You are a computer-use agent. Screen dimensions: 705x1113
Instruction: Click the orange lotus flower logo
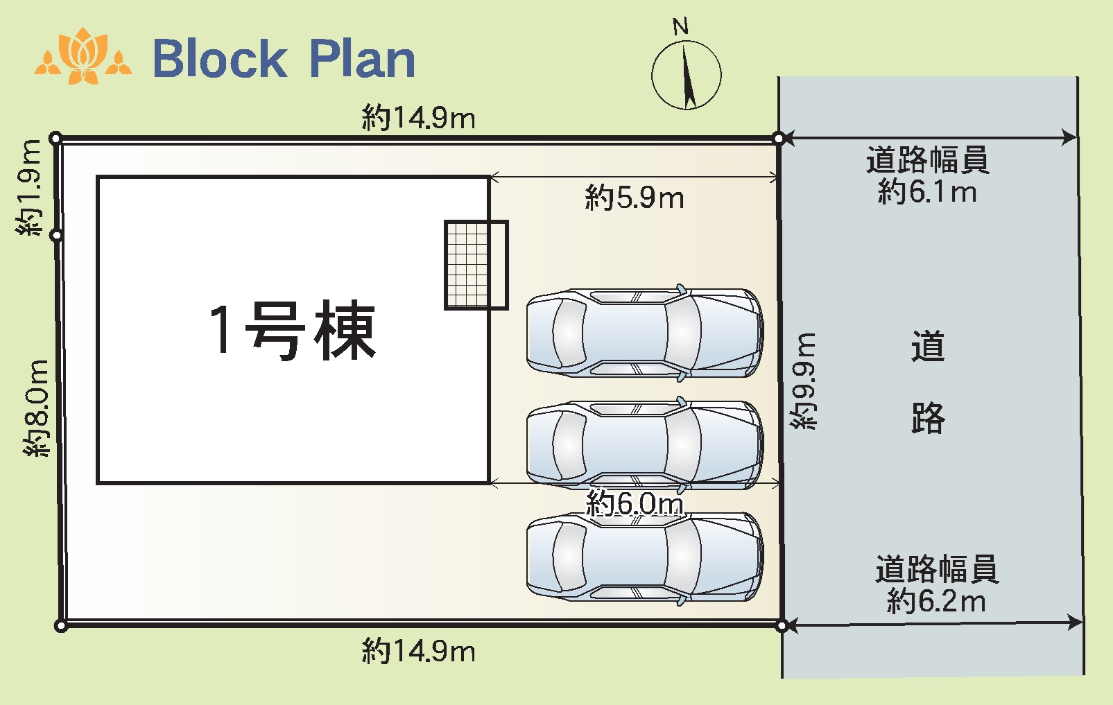pyautogui.click(x=83, y=57)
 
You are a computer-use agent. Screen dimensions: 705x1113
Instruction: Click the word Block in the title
pyautogui.click(x=219, y=58)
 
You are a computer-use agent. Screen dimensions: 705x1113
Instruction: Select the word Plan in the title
pyautogui.click(x=361, y=58)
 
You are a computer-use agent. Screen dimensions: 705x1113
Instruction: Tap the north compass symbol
pyautogui.click(x=686, y=74)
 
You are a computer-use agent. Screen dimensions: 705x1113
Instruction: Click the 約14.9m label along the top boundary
pyautogui.click(x=418, y=118)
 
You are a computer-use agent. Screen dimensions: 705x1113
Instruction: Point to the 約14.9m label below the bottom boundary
pyautogui.click(x=418, y=651)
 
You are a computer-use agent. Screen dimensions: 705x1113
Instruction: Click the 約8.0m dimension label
pyautogui.click(x=36, y=408)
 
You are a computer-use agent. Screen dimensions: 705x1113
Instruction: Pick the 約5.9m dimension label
pyautogui.click(x=634, y=198)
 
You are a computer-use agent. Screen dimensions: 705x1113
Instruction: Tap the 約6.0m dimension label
pyautogui.click(x=634, y=503)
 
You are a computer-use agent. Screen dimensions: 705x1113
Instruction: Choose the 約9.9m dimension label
pyautogui.click(x=804, y=381)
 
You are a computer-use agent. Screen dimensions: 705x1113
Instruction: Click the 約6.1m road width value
pyautogui.click(x=927, y=191)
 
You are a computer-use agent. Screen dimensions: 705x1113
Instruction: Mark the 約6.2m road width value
pyautogui.click(x=935, y=601)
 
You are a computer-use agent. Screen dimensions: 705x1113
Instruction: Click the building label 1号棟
pyautogui.click(x=292, y=331)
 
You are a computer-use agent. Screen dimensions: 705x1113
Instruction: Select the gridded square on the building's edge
pyautogui.click(x=476, y=265)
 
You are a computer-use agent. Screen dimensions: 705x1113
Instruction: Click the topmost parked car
pyautogui.click(x=644, y=333)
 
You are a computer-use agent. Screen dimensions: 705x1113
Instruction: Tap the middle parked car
pyautogui.click(x=644, y=444)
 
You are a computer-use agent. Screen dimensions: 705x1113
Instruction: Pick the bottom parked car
pyautogui.click(x=644, y=557)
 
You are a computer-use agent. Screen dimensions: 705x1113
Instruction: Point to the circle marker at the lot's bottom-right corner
pyautogui.click(x=782, y=626)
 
